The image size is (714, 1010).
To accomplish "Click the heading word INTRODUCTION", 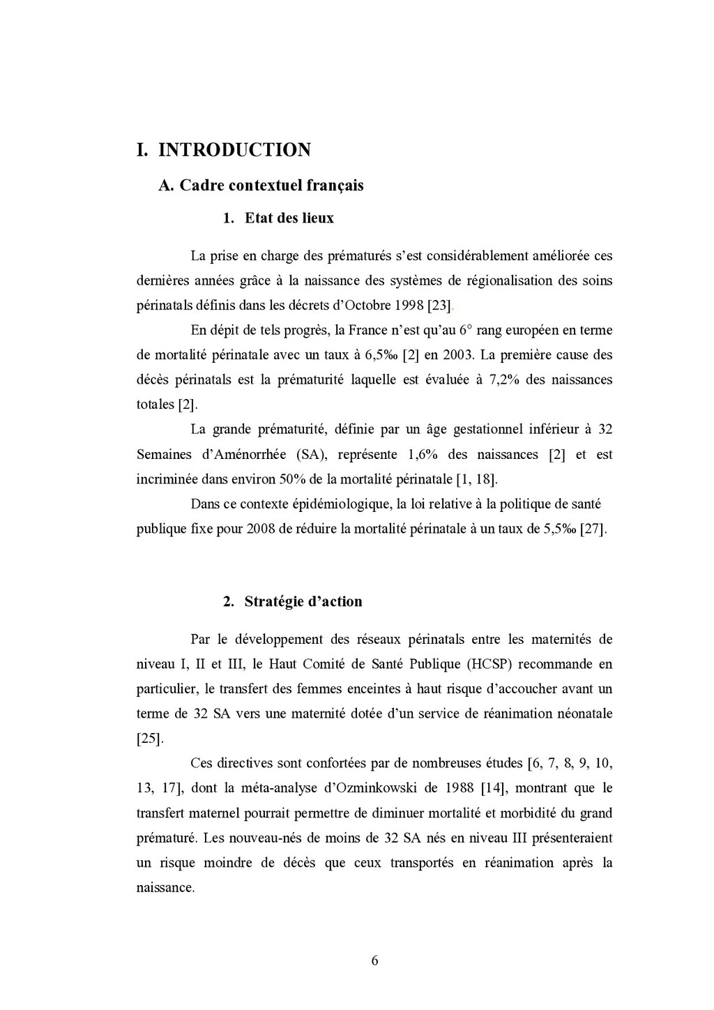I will click(234, 150).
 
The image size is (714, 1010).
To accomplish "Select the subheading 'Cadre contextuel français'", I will click(271, 186).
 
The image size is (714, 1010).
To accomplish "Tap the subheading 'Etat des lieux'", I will click(289, 218).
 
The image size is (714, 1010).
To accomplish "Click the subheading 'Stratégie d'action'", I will click(303, 602).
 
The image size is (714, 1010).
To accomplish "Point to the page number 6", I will click(374, 960).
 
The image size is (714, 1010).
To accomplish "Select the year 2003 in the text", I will click(457, 355).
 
